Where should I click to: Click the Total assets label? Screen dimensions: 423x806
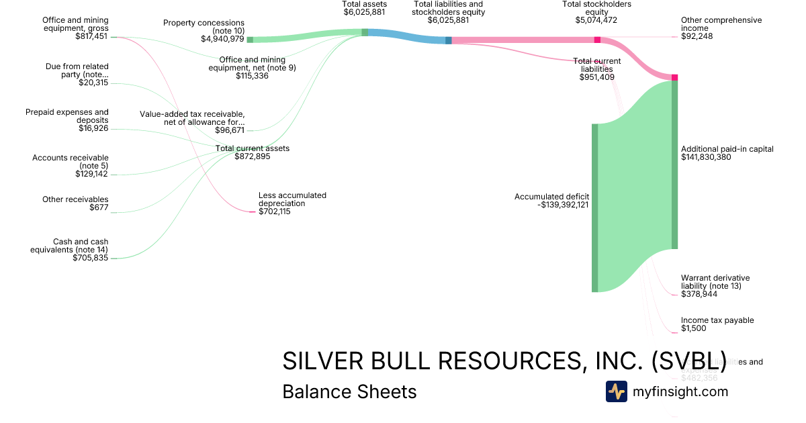(x=365, y=4)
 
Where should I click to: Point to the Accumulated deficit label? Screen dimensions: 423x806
(x=551, y=197)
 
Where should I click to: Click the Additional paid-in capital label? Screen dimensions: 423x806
(x=727, y=149)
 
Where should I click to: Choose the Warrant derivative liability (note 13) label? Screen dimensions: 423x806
(x=715, y=282)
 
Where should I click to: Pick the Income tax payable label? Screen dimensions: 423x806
(x=717, y=320)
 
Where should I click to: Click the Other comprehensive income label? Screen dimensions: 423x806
(x=721, y=24)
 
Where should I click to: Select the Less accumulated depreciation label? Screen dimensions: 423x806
(x=292, y=199)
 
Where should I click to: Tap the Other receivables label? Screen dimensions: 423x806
(x=75, y=199)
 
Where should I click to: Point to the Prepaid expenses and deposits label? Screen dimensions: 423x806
(x=66, y=116)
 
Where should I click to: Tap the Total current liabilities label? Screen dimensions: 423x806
(x=596, y=65)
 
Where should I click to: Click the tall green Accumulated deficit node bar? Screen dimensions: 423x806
(x=594, y=208)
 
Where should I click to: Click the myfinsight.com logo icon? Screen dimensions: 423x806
(x=616, y=391)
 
